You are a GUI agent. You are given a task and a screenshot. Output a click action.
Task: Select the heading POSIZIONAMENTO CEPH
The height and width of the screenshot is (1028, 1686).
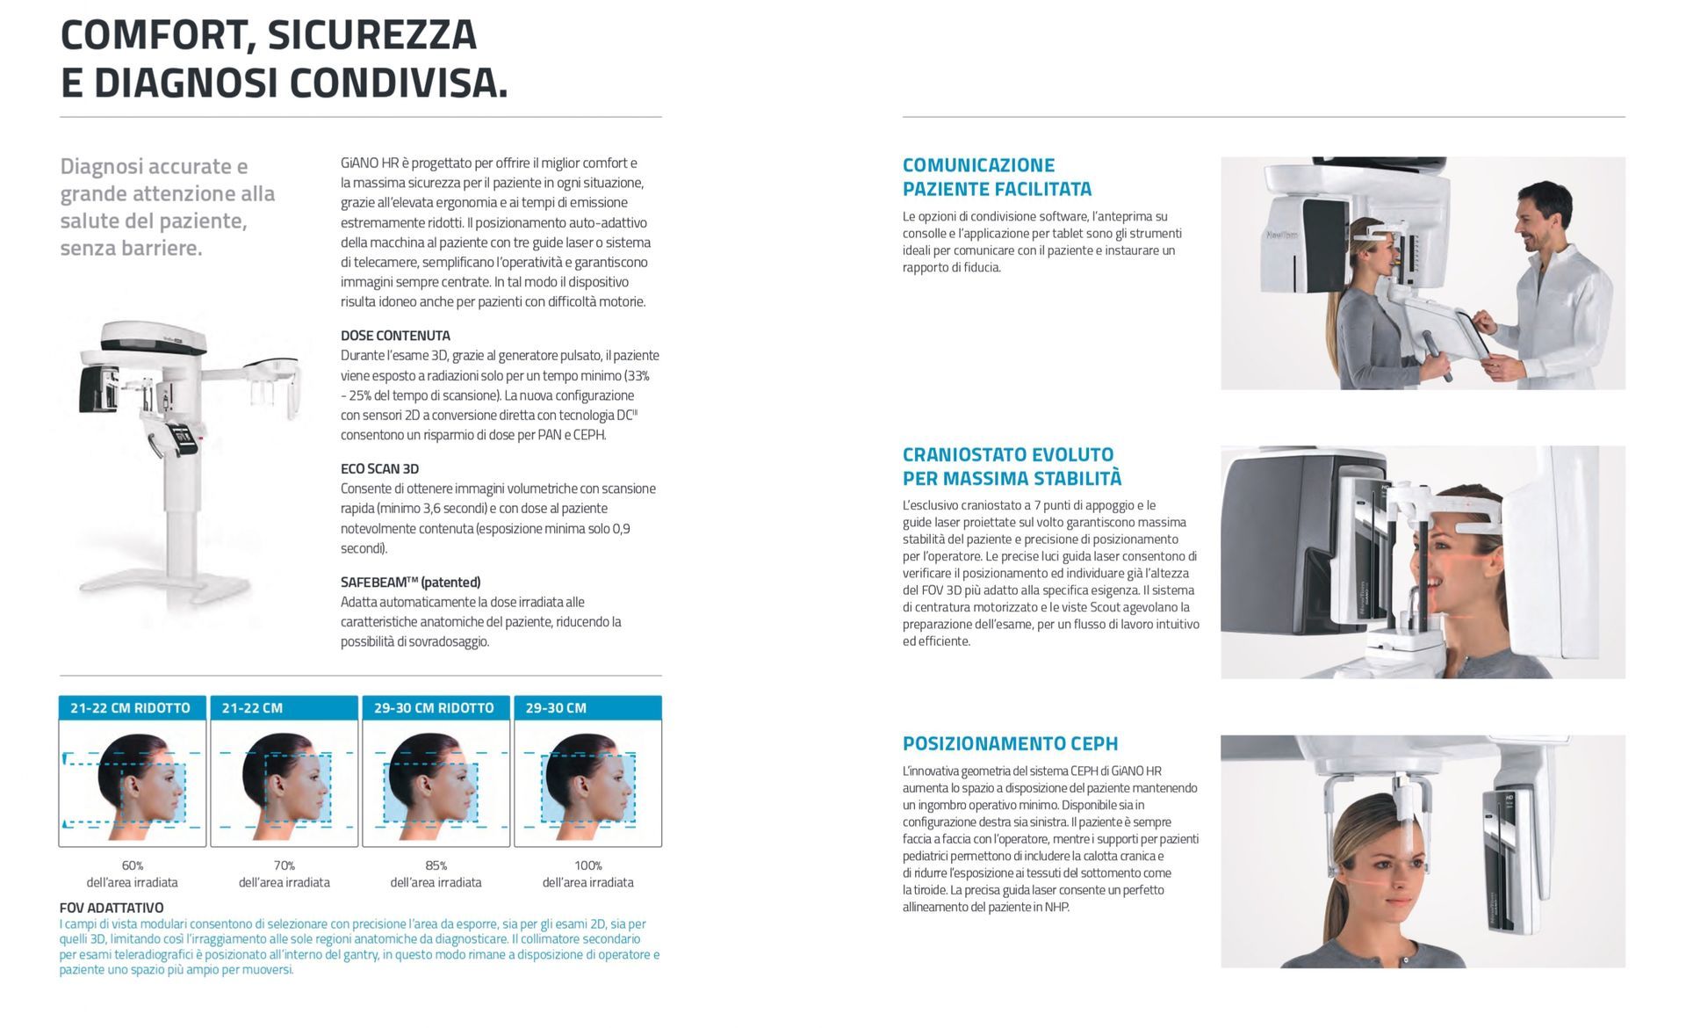pos(1011,743)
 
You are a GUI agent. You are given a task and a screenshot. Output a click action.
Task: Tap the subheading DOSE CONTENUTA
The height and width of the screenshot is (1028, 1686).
pos(395,336)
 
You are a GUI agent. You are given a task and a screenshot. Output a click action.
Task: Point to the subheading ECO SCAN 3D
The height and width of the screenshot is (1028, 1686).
pos(379,469)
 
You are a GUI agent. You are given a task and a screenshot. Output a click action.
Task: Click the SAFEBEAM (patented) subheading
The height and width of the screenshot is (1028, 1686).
pos(411,583)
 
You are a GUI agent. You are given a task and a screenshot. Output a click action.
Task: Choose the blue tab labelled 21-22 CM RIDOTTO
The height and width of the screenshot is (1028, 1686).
pos(133,707)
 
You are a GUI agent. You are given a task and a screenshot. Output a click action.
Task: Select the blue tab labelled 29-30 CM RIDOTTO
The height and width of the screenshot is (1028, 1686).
pos(436,707)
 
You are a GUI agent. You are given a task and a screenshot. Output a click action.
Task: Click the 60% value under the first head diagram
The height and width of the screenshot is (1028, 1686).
pos(133,865)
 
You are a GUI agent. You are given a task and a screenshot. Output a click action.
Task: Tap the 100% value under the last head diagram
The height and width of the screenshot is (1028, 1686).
pos(588,865)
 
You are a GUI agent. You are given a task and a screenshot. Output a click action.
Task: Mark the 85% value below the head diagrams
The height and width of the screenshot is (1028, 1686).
pos(436,865)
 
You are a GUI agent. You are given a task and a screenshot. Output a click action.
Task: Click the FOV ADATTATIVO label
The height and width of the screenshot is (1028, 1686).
pos(112,908)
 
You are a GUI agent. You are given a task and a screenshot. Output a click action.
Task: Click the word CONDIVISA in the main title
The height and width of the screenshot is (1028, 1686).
pos(400,83)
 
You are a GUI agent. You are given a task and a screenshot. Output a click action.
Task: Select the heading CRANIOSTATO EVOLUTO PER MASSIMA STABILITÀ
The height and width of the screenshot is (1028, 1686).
pos(1012,467)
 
